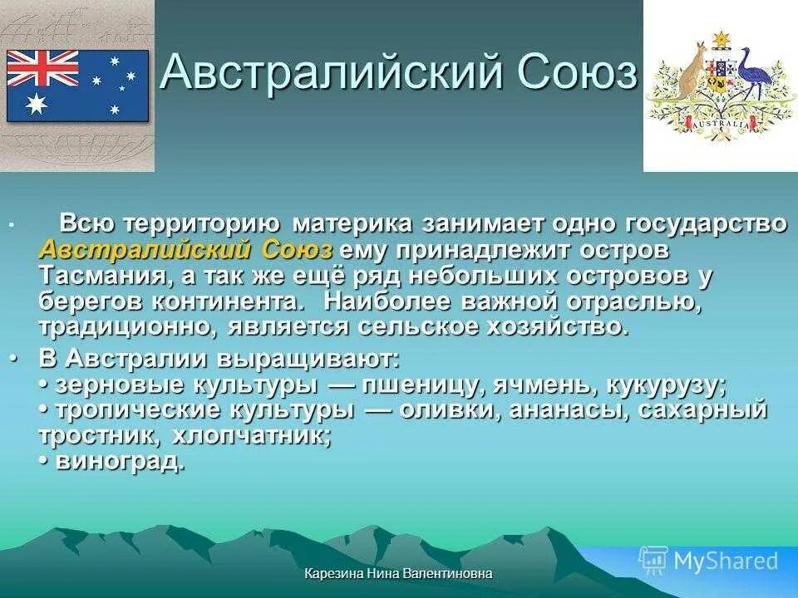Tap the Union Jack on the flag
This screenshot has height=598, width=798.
[x=42, y=68]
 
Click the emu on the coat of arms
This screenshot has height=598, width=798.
[x=756, y=75]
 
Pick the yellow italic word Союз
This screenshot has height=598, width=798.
[x=298, y=249]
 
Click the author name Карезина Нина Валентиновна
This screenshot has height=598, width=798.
[x=398, y=573]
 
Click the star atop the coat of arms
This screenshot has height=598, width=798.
[x=721, y=38]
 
